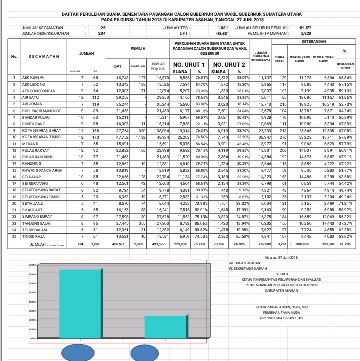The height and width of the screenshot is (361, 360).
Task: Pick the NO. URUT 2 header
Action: (229, 65)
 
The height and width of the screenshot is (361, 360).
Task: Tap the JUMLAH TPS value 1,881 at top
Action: (223, 28)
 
